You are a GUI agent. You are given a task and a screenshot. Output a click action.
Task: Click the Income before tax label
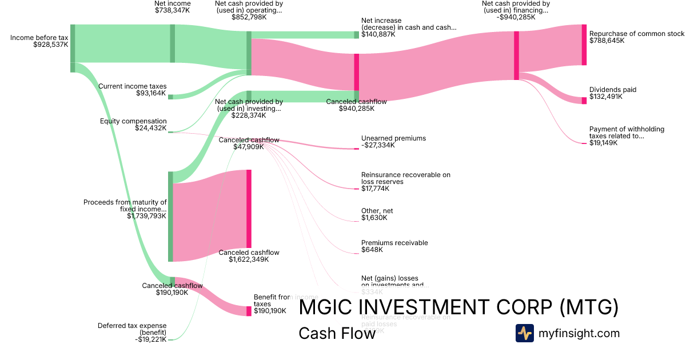click(x=39, y=38)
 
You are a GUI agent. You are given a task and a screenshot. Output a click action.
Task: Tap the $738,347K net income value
click(x=173, y=10)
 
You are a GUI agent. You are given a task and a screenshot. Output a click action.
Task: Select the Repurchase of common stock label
click(x=636, y=34)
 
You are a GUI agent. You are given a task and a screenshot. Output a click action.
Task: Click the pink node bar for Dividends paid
click(x=584, y=101)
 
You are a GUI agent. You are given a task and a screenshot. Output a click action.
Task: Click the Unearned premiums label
click(x=393, y=138)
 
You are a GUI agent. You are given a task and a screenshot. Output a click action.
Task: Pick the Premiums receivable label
click(x=394, y=243)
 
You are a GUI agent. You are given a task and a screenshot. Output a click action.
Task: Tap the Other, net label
click(x=377, y=211)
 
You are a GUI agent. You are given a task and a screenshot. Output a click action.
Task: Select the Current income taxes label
click(x=132, y=86)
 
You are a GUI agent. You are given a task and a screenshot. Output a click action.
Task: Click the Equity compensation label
click(x=133, y=121)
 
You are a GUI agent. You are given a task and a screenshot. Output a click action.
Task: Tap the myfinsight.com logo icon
click(x=524, y=333)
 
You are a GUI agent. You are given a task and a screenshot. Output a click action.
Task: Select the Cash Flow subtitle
click(x=337, y=333)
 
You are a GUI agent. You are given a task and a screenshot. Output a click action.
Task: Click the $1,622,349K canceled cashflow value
click(x=249, y=259)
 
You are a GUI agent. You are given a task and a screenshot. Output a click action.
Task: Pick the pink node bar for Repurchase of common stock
click(x=584, y=45)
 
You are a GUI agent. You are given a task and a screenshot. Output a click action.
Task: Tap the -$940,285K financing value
click(x=516, y=17)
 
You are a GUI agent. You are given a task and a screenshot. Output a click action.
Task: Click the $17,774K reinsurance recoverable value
click(x=375, y=189)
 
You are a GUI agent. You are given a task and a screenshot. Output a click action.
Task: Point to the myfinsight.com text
click(x=579, y=333)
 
